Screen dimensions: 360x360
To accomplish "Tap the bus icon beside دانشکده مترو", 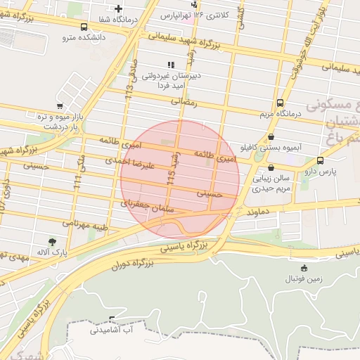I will point(84,27).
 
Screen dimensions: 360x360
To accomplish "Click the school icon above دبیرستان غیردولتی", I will point(171,65).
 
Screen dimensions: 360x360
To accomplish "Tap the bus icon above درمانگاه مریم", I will point(281,102).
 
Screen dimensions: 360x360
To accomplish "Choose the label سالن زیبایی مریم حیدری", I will point(271,184).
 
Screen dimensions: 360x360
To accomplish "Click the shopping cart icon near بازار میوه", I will point(68,106).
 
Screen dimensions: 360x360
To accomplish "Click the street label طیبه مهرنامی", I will point(85,226).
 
